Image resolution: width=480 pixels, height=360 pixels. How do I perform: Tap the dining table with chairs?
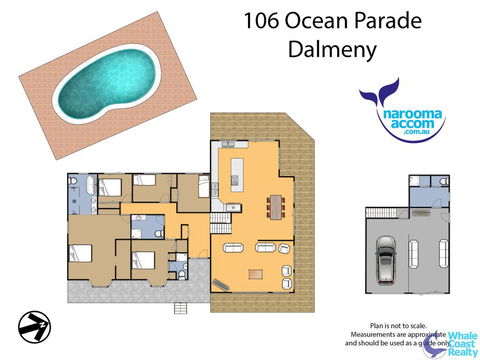274,206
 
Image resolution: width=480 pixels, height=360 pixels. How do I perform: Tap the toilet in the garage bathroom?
442,181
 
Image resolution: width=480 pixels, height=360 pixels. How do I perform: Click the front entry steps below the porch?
180,306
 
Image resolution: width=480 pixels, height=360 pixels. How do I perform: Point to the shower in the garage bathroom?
419,183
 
